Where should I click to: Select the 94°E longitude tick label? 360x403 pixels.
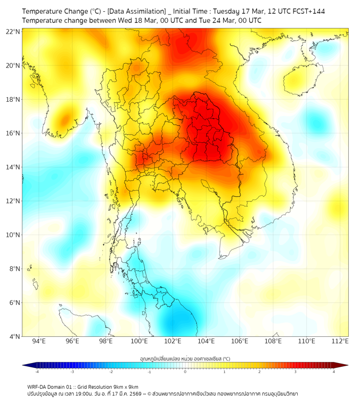coord(39,341)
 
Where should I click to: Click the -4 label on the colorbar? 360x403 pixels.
coord(37,372)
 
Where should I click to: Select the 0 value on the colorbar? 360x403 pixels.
coord(185,372)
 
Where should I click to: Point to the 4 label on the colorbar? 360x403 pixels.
coord(333,372)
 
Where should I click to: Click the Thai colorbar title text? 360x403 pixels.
coord(185,358)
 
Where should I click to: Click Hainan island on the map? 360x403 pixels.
coord(304,80)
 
